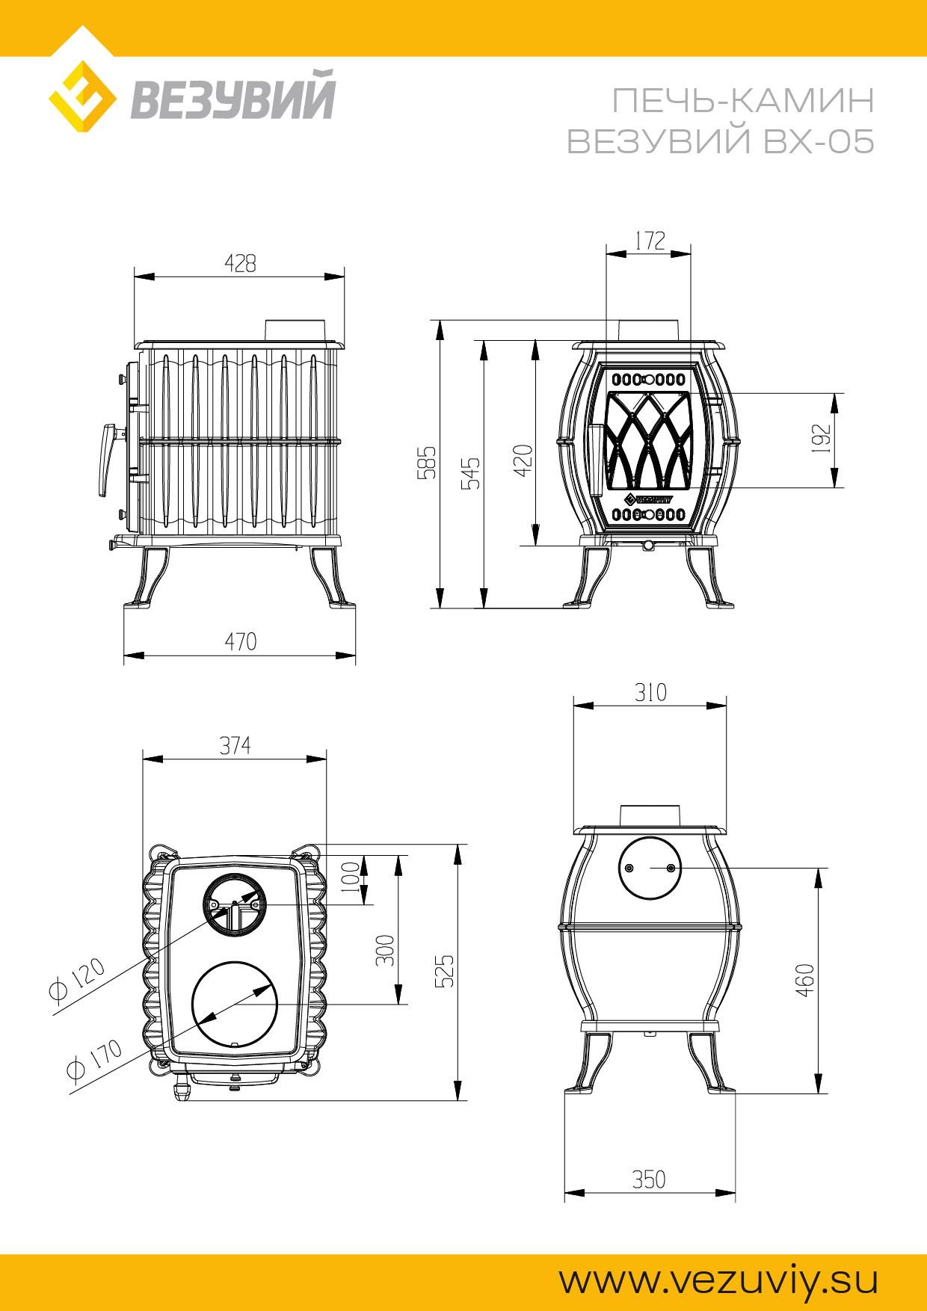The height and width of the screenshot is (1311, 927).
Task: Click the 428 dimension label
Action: point(240,263)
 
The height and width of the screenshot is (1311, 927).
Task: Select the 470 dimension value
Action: point(240,641)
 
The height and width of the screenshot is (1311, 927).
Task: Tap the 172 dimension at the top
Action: point(650,241)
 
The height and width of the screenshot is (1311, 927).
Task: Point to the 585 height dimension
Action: point(426,463)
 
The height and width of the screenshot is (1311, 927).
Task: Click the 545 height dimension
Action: point(471,473)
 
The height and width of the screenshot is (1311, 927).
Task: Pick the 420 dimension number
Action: point(523,460)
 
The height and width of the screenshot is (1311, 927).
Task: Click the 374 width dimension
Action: point(235,745)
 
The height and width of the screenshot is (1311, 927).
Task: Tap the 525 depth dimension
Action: point(444,971)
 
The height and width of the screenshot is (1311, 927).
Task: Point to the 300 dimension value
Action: point(384,950)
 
